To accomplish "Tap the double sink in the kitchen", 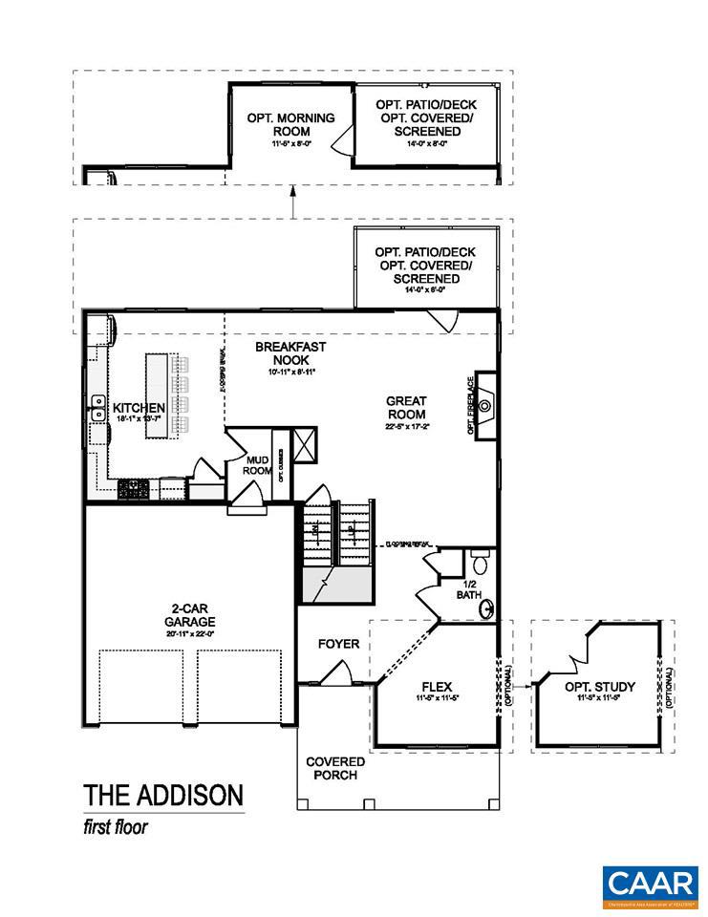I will pos(97,408).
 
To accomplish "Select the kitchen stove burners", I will pos(133,489).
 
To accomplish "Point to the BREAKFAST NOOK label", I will pos(290,353).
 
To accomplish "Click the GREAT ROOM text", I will pos(406,408).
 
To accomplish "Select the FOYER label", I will pos(338,644).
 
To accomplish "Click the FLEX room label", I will pos(435,687).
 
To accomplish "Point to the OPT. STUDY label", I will pos(598,687).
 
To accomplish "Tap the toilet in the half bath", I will pos(480,565).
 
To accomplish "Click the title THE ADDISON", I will pos(162,796).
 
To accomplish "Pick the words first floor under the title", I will pos(115,827).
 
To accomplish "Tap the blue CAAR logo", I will pos(650,884).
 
